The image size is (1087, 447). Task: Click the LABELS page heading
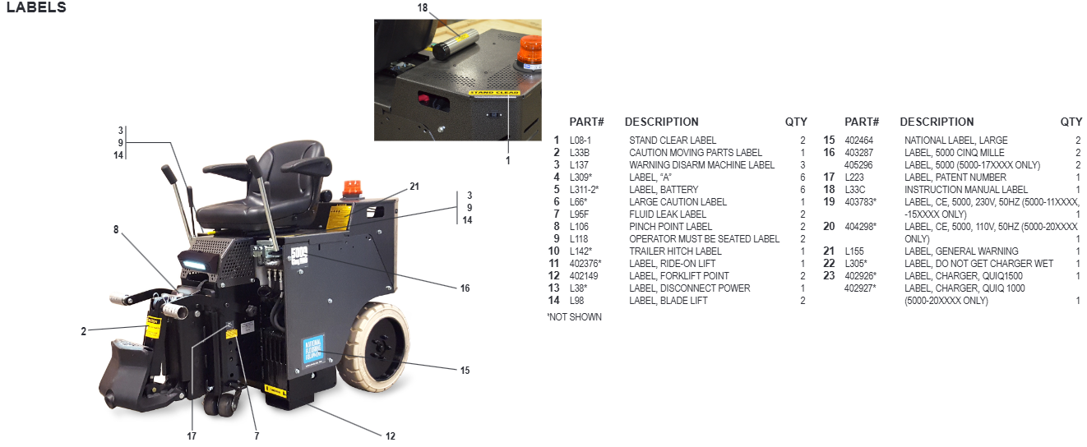point(36,8)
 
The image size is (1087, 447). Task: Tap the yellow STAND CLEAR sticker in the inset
point(493,93)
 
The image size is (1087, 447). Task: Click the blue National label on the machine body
point(313,348)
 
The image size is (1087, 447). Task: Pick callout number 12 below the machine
point(391,435)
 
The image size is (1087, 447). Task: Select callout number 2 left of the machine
point(84,331)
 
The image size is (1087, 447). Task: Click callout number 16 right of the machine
point(465,288)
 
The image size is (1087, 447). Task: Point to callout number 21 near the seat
point(414,187)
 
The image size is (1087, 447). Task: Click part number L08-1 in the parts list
point(580,141)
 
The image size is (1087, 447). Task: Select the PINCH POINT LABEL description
point(670,227)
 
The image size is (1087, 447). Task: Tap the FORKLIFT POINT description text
point(678,276)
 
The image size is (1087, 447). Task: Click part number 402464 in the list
point(858,141)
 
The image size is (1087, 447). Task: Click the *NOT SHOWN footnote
point(574,317)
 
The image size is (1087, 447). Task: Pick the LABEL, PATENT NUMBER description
point(955,177)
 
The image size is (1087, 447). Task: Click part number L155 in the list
point(855,251)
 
